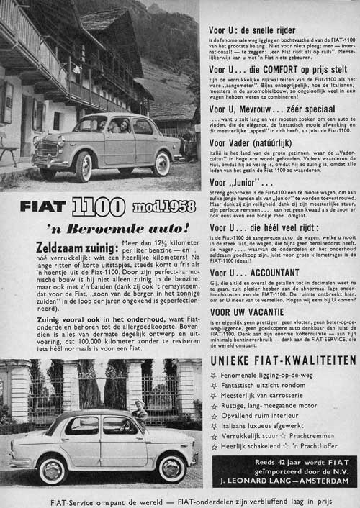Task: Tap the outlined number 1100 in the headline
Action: click(x=99, y=207)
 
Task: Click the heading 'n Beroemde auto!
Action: click(x=114, y=227)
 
